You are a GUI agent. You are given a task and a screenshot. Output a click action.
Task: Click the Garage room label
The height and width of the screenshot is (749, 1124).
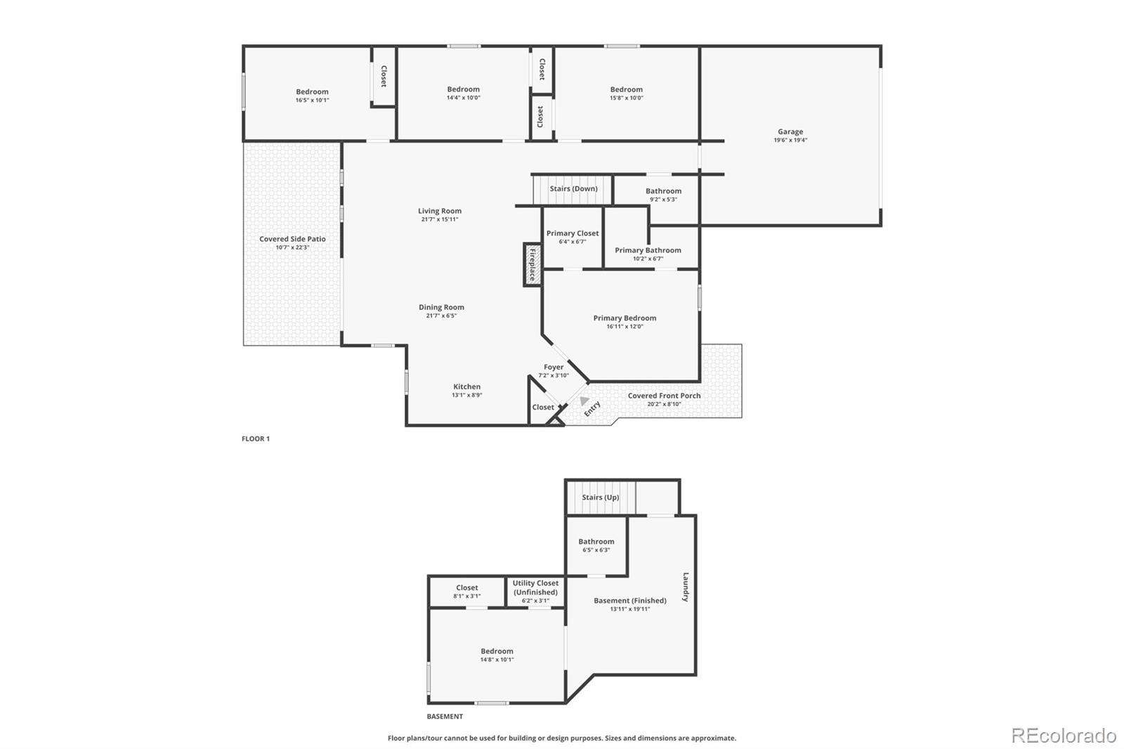pyautogui.click(x=790, y=131)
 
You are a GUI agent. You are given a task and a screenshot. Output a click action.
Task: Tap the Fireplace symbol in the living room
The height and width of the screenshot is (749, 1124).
pyautogui.click(x=532, y=265)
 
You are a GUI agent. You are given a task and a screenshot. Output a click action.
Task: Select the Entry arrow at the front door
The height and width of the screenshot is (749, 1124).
pyautogui.click(x=584, y=401)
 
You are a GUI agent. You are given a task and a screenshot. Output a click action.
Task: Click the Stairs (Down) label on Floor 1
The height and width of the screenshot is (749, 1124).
pyautogui.click(x=573, y=188)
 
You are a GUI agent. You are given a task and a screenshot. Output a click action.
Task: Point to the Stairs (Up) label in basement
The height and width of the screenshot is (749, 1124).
pyautogui.click(x=600, y=497)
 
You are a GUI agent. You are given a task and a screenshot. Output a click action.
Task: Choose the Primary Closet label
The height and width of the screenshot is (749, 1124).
pyautogui.click(x=573, y=233)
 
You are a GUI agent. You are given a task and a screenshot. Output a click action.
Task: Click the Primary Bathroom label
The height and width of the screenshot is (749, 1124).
pyautogui.click(x=648, y=250)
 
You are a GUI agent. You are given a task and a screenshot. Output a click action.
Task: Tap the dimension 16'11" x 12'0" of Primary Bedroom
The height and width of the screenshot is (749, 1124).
pyautogui.click(x=625, y=327)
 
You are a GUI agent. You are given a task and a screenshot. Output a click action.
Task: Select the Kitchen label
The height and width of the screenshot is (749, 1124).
pyautogui.click(x=466, y=386)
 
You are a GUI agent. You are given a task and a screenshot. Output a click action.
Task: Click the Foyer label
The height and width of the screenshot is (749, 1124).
pyautogui.click(x=554, y=367)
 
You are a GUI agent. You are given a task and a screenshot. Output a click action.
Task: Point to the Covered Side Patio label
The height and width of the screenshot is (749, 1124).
pyautogui.click(x=292, y=239)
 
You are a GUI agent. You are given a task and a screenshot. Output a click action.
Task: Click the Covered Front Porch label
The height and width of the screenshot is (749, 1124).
pyautogui.click(x=664, y=396)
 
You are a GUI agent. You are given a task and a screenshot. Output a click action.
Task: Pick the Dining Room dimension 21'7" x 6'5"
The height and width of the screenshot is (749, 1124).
pyautogui.click(x=441, y=316)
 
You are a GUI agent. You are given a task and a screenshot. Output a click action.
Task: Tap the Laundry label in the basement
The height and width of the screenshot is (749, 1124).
pyautogui.click(x=686, y=587)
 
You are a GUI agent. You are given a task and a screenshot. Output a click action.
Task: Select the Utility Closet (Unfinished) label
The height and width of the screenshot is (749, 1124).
pyautogui.click(x=535, y=587)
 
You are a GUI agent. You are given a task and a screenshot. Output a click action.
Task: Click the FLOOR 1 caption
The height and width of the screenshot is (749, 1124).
pyautogui.click(x=256, y=438)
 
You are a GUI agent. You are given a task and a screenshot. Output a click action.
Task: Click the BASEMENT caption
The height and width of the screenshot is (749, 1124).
pyautogui.click(x=445, y=717)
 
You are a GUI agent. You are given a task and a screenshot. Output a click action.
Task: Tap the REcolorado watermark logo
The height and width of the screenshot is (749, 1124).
pyautogui.click(x=1063, y=735)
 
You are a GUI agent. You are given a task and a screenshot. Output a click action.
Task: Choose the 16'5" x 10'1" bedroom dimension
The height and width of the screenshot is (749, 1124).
pyautogui.click(x=312, y=100)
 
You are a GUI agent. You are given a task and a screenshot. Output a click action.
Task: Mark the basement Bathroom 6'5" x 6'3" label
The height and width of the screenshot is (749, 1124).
pyautogui.click(x=596, y=545)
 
